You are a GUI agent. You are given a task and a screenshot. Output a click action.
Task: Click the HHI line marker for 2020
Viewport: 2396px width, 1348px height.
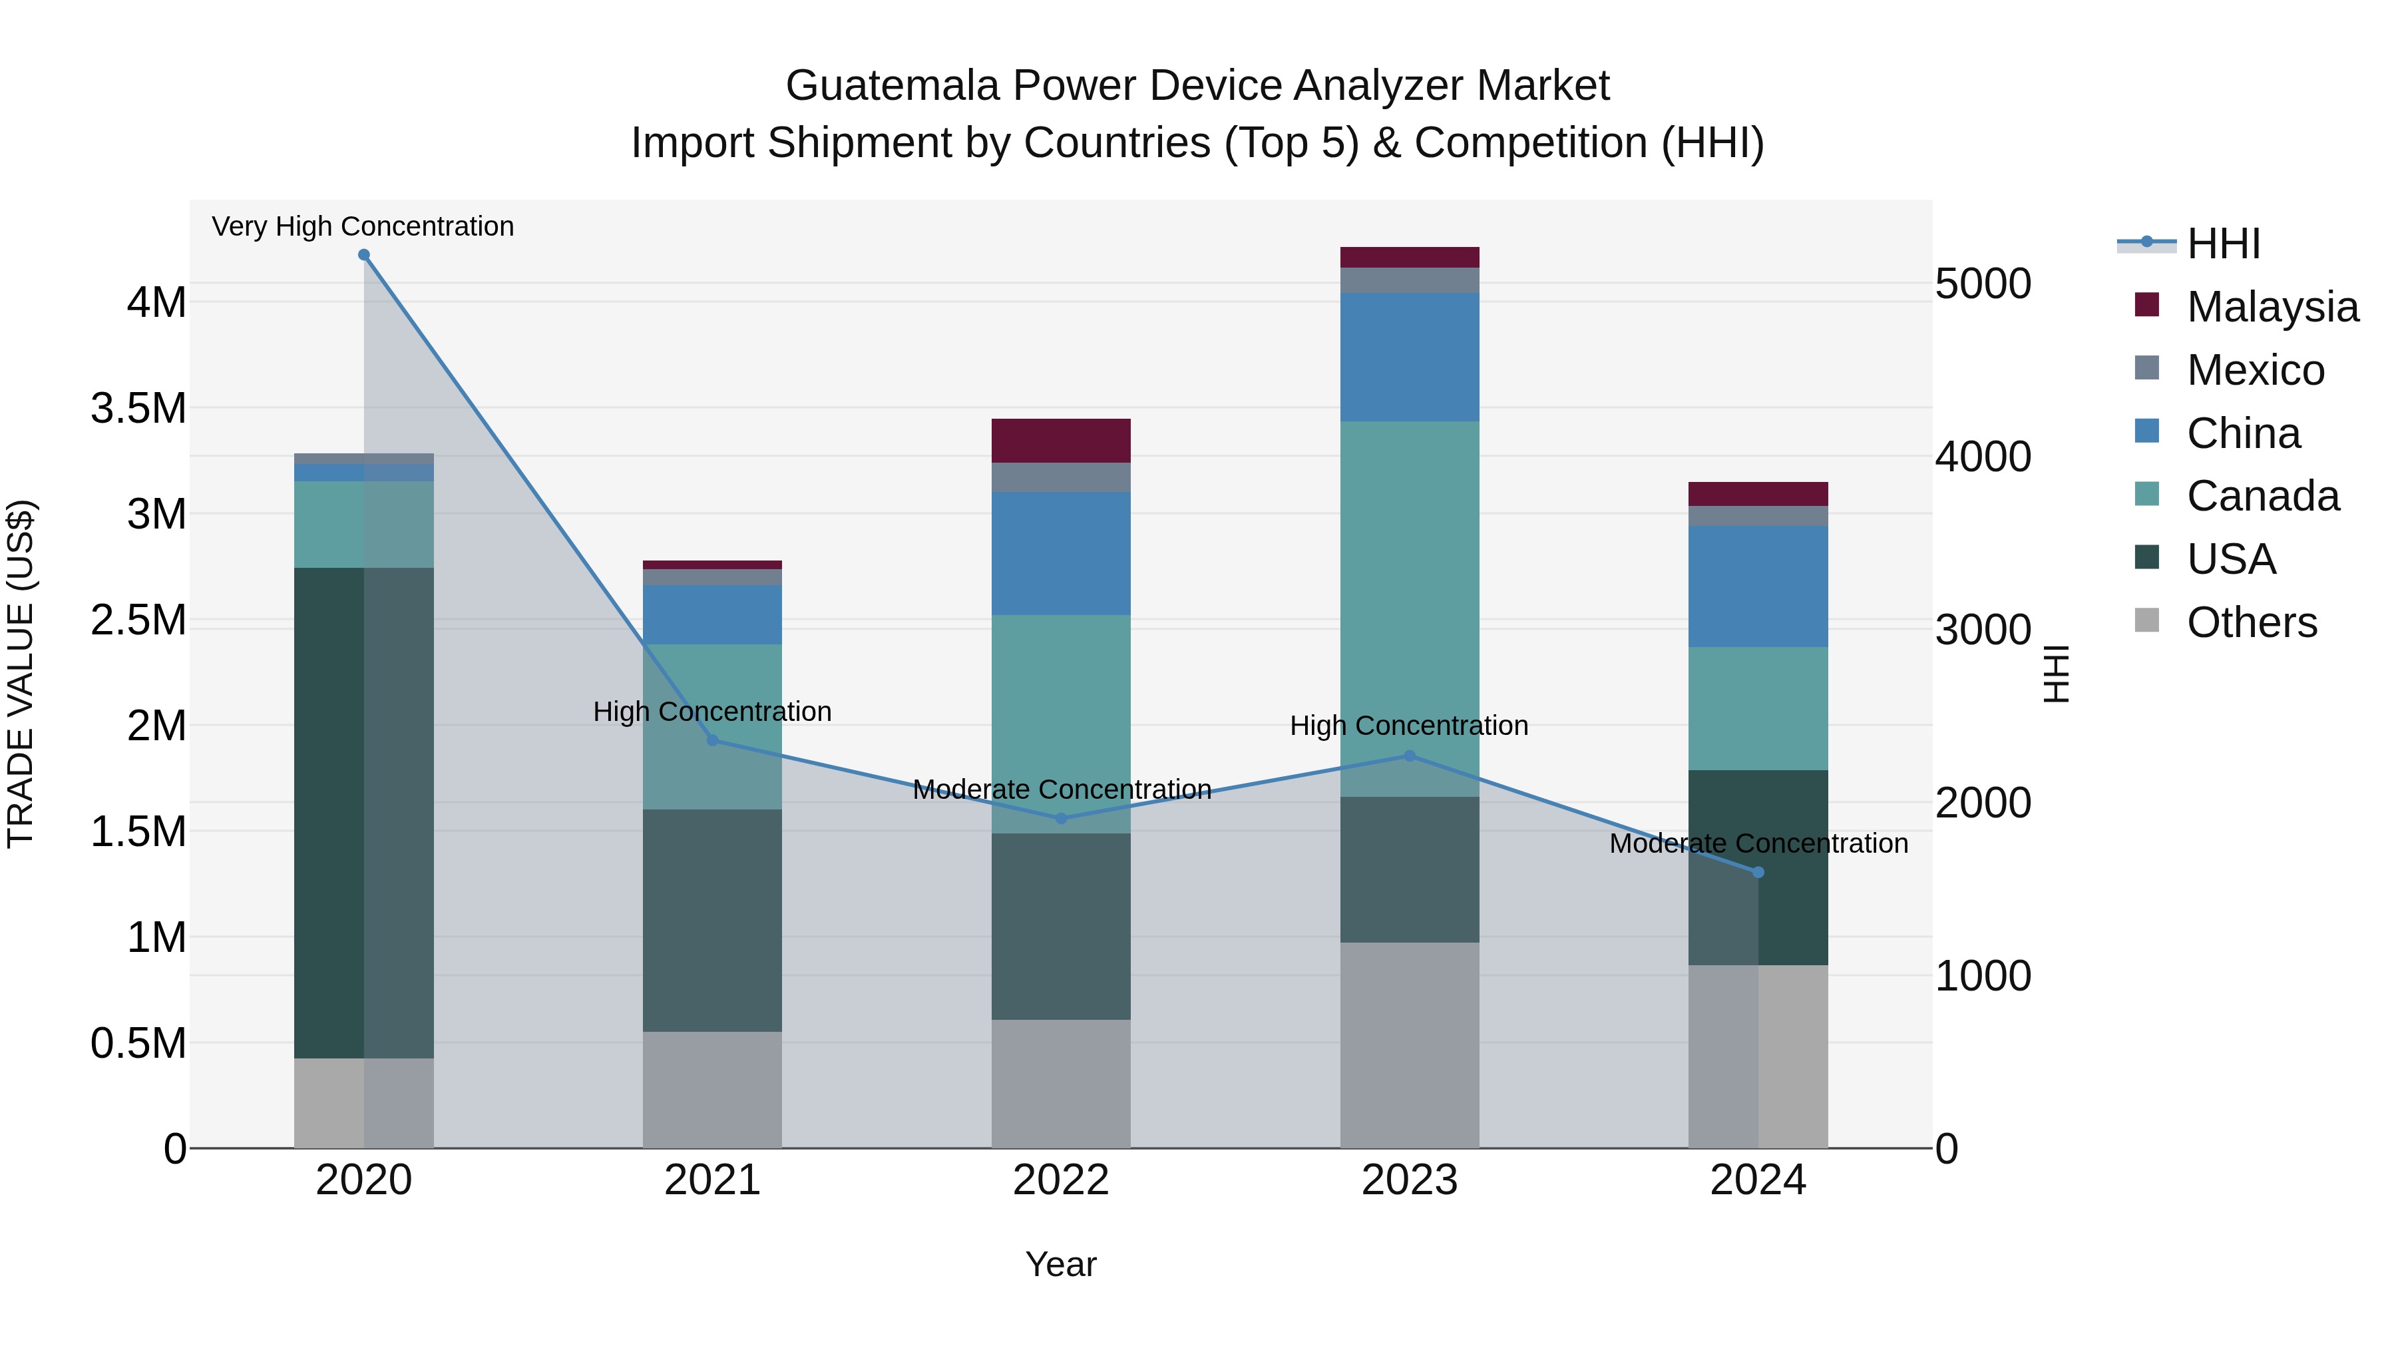pyautogui.click(x=363, y=255)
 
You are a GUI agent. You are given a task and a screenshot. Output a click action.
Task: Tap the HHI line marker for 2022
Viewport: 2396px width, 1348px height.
pyautogui.click(x=1062, y=819)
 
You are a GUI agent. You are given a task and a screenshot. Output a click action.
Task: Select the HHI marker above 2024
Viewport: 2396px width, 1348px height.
pyautogui.click(x=1758, y=873)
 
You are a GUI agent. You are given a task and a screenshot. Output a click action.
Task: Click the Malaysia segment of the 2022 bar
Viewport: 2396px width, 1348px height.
pyautogui.click(x=1062, y=441)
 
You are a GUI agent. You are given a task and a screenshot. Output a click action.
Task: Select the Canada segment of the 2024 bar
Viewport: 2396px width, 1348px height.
pyautogui.click(x=1758, y=709)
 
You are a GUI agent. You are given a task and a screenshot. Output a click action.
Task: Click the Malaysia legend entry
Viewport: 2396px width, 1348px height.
pyautogui.click(x=2272, y=307)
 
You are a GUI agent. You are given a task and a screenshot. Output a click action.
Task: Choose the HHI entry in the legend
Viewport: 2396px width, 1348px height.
pyautogui.click(x=2223, y=244)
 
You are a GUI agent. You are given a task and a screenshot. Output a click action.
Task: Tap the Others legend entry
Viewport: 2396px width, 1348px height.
pyautogui.click(x=2251, y=622)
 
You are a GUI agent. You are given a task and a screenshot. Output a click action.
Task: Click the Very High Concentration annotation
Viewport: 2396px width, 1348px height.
pyautogui.click(x=363, y=226)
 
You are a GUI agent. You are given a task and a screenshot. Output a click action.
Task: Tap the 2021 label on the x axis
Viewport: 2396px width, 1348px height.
pyautogui.click(x=712, y=1180)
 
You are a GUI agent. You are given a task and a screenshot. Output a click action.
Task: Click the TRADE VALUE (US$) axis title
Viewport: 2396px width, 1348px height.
pyautogui.click(x=21, y=674)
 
